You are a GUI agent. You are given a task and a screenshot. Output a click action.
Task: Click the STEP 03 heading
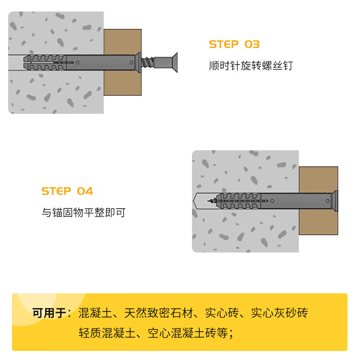coord(234,45)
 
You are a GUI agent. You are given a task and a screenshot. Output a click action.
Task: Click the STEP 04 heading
coord(67,191)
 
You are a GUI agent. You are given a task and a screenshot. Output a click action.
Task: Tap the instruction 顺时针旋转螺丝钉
coord(251,66)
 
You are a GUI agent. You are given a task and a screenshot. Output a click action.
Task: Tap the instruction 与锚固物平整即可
coord(84,212)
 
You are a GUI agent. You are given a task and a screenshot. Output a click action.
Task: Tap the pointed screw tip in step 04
coord(209,201)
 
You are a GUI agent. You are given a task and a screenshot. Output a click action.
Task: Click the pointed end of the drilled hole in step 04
coord(193,201)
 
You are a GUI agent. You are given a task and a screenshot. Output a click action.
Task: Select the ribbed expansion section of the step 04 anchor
coord(238,201)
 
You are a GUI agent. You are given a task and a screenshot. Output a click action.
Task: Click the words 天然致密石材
coord(158,313)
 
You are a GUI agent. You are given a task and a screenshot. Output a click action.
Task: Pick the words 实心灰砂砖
coord(279,313)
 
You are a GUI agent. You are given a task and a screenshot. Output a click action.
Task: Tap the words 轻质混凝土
coord(107,333)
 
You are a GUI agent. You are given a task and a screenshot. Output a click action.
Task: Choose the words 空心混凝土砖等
coord(188,333)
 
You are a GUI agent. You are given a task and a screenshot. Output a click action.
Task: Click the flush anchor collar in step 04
coord(335,201)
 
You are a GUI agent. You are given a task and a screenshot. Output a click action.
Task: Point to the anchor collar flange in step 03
coord(138,62)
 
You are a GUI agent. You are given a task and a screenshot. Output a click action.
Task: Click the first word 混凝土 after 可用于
coord(96,313)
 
